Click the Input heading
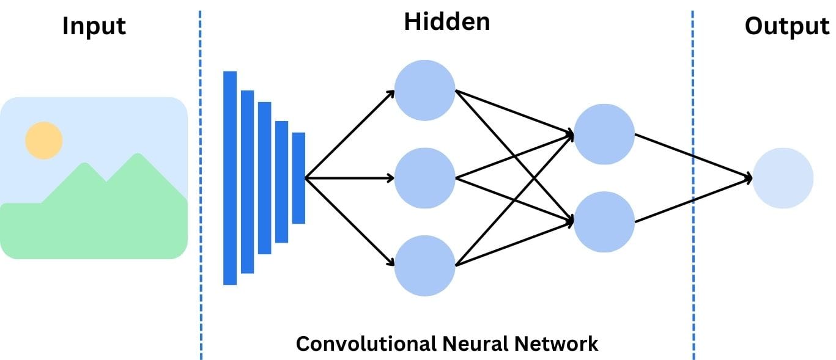(x=94, y=27)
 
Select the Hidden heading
(x=447, y=22)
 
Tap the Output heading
(x=786, y=27)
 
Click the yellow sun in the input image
(x=44, y=140)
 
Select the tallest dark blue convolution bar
(x=230, y=178)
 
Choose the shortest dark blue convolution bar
(x=298, y=178)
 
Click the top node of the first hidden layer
(x=425, y=90)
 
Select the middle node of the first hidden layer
(x=425, y=178)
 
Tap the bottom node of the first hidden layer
(x=425, y=266)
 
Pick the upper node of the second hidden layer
(x=604, y=134)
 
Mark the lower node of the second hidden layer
(x=604, y=222)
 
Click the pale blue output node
(x=783, y=178)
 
